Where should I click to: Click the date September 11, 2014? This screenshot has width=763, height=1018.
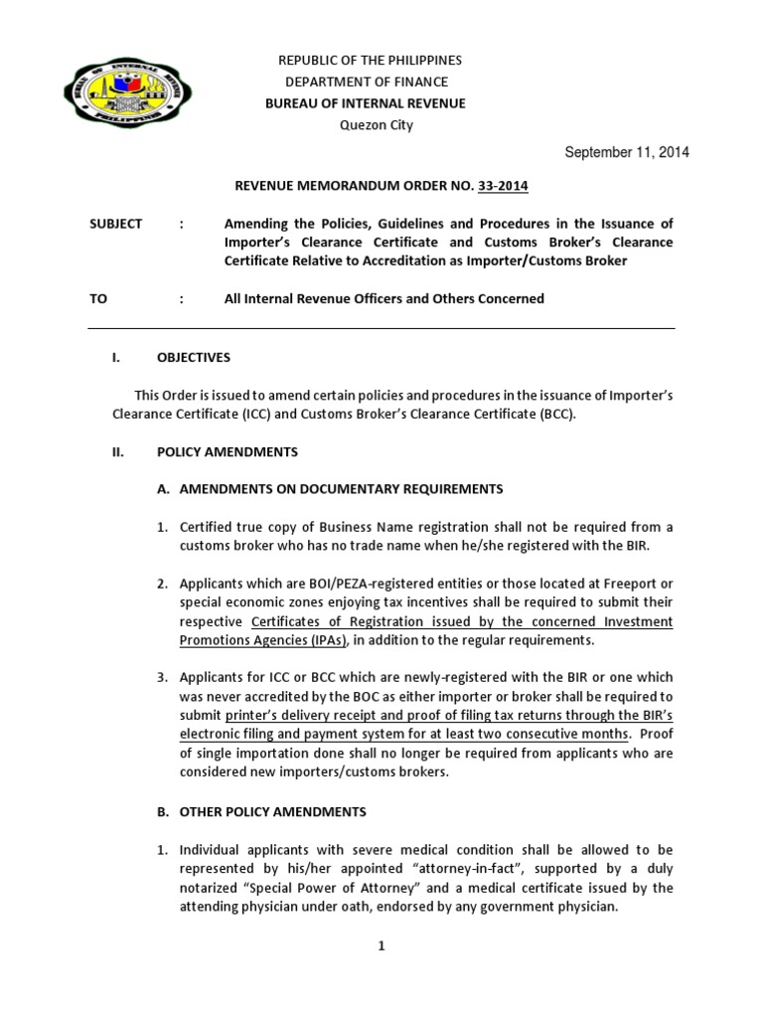[626, 152]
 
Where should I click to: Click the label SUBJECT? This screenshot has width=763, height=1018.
[116, 225]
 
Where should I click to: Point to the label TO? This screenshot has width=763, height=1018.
[98, 298]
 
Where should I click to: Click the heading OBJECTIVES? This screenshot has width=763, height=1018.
[194, 357]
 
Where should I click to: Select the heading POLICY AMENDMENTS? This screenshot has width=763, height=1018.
[227, 451]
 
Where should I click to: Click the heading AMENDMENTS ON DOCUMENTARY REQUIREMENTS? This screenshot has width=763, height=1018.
[341, 488]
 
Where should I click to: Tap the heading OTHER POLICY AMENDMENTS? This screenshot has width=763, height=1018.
[272, 811]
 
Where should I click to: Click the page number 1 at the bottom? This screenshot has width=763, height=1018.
[381, 945]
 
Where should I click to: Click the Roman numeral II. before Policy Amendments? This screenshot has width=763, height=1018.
[116, 451]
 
